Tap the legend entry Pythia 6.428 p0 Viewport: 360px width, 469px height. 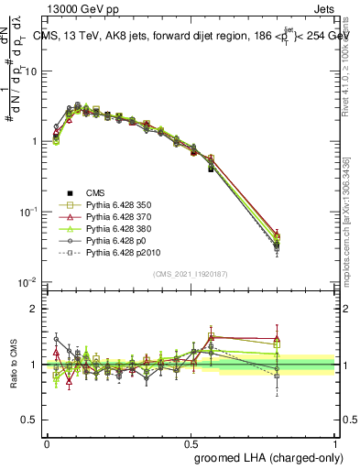(118, 250)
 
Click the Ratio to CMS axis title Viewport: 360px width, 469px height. (15, 364)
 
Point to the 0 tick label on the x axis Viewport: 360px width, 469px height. (47, 442)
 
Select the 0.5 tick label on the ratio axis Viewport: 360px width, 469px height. (27, 420)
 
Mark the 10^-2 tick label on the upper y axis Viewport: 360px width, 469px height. (26, 282)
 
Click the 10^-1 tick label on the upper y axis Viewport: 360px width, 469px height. (26, 212)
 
